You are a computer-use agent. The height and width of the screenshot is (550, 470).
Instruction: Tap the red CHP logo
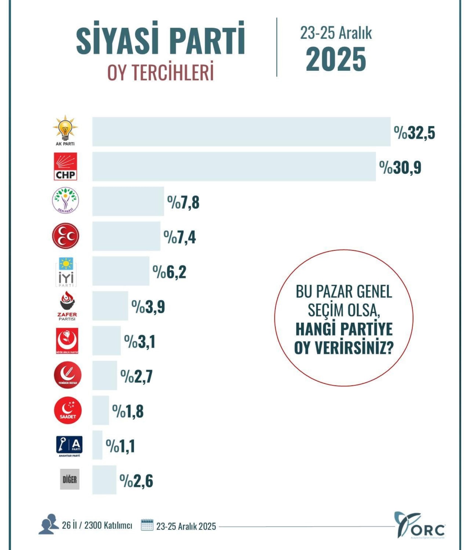[x=65, y=166]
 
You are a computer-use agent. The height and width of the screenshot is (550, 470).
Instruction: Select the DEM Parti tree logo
[x=66, y=200]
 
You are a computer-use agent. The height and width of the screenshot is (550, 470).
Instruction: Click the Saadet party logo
[x=68, y=410]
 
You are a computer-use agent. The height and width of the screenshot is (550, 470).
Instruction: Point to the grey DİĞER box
[x=70, y=479]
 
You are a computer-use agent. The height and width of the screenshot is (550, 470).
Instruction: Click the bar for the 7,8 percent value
[x=128, y=201]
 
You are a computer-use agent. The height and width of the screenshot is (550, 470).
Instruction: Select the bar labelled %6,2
[x=121, y=271]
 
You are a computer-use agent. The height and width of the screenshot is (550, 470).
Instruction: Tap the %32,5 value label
[x=414, y=133]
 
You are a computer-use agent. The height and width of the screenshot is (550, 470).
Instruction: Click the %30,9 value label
[x=400, y=168]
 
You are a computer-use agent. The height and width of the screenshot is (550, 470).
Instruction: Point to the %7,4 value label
[x=180, y=237]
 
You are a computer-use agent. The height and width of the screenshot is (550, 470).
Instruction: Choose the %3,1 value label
[x=140, y=342]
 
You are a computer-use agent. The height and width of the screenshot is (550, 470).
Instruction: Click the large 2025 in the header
[x=336, y=59]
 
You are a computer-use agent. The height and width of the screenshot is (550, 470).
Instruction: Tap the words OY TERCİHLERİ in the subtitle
[x=160, y=73]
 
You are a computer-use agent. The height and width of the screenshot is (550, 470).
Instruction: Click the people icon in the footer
[x=49, y=524]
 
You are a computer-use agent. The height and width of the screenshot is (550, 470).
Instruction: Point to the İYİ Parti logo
[x=66, y=272]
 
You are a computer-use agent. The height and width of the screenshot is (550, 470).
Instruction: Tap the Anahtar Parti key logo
[x=69, y=445]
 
